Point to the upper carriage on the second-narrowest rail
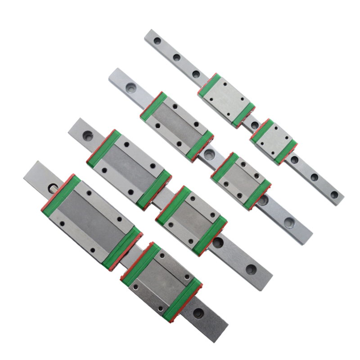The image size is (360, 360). [x=177, y=126]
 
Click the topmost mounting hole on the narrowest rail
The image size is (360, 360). [x=157, y=41]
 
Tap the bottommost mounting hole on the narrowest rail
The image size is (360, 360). [x=334, y=195]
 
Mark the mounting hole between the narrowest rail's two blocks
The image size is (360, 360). [x=254, y=125]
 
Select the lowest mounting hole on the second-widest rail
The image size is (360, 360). [x=251, y=269]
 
